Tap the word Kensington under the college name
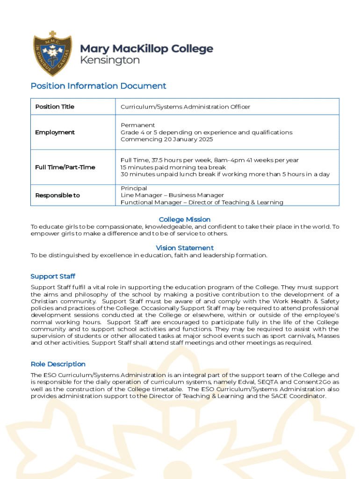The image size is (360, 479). pyautogui.click(x=110, y=60)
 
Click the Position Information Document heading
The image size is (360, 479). pyautogui.click(x=98, y=86)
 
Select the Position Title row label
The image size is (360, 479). pyautogui.click(x=55, y=107)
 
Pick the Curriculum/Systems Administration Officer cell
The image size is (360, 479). pyautogui.click(x=185, y=107)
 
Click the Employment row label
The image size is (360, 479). pyautogui.click(x=55, y=132)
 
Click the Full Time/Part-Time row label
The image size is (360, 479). pyautogui.click(x=65, y=167)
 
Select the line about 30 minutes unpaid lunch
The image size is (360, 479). pyautogui.click(x=225, y=174)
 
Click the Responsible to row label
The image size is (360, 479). pyautogui.click(x=58, y=196)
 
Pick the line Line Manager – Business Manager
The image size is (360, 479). pyautogui.click(x=172, y=196)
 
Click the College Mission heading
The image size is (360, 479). pyautogui.click(x=185, y=219)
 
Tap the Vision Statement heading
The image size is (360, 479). pyautogui.click(x=185, y=248)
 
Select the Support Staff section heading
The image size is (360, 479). pyautogui.click(x=53, y=276)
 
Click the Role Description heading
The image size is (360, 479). pyautogui.click(x=58, y=364)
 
